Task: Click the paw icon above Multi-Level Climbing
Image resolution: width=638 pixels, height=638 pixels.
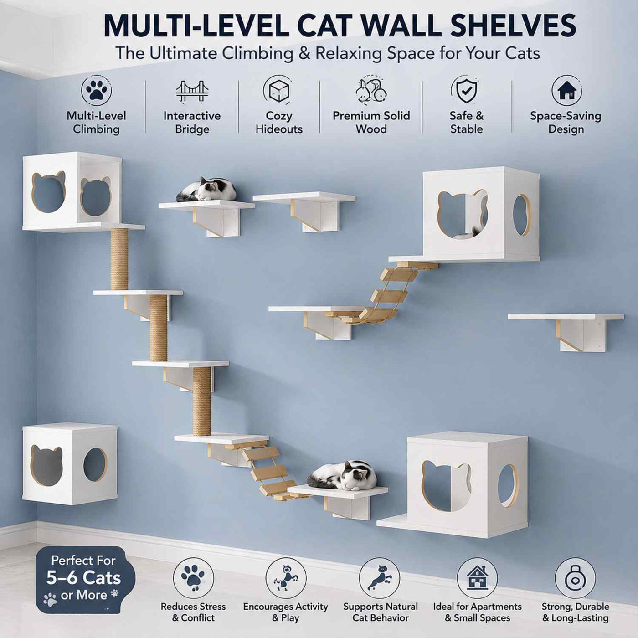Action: click(96, 91)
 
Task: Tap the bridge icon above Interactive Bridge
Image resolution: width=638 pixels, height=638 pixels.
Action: click(192, 91)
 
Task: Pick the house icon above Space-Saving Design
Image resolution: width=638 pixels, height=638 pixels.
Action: click(566, 90)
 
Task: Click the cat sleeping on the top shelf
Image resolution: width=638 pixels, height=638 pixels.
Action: click(206, 190)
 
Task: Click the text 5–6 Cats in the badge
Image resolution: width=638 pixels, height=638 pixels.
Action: click(83, 578)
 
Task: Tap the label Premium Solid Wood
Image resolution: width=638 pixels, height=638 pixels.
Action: click(371, 122)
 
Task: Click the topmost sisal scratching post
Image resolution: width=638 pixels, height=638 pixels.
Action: click(119, 259)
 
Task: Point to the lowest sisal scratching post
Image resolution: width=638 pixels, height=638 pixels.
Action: click(201, 401)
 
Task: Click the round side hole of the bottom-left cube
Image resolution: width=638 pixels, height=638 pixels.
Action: click(95, 465)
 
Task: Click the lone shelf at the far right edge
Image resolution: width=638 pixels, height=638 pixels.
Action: click(566, 332)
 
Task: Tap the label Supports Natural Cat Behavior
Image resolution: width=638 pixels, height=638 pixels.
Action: click(381, 612)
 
